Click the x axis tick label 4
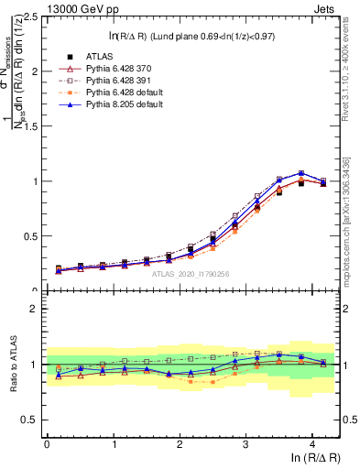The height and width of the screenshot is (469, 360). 312,443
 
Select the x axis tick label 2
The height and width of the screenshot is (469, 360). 180,443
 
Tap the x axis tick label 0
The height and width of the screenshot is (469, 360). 47,443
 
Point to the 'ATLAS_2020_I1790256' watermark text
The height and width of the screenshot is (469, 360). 191,274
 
